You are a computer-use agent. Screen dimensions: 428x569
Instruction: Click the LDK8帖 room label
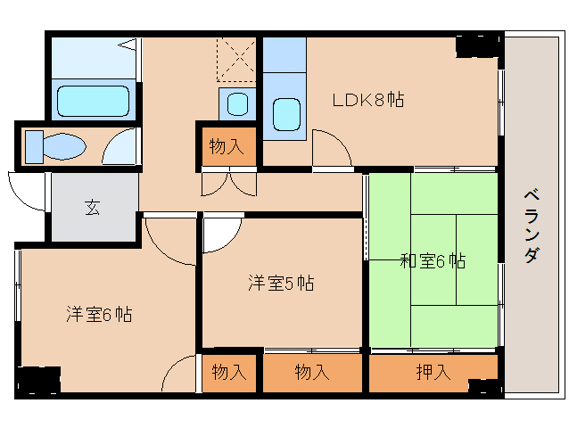click(368, 100)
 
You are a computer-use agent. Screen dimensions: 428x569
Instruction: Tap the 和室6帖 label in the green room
click(432, 261)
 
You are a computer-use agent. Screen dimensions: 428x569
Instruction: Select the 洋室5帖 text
click(280, 284)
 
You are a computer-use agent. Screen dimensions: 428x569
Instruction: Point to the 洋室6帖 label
click(99, 314)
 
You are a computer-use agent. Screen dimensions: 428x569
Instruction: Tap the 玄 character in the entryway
click(92, 208)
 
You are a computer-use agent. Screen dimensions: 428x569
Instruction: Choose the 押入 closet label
click(433, 373)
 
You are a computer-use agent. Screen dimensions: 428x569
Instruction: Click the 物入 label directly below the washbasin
click(227, 146)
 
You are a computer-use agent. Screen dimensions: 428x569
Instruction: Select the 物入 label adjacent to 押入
click(313, 373)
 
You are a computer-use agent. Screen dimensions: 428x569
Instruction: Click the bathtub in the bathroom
click(94, 100)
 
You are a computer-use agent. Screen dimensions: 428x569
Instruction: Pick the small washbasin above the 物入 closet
click(236, 103)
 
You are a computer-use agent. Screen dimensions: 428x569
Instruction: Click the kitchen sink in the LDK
click(285, 114)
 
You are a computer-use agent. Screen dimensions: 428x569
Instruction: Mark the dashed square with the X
click(236, 60)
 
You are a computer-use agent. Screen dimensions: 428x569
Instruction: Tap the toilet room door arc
click(121, 148)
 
